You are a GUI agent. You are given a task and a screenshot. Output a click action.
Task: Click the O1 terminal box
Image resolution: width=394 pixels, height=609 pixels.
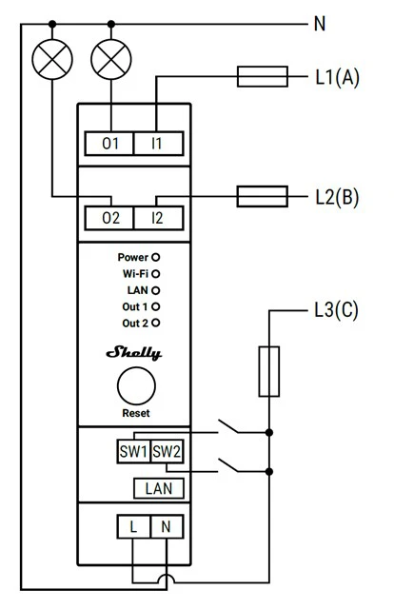(109, 144)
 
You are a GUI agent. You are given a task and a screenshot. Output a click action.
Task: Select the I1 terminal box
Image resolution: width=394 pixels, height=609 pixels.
(159, 144)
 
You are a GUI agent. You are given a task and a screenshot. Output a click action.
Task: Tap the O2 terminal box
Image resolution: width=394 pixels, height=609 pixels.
(109, 218)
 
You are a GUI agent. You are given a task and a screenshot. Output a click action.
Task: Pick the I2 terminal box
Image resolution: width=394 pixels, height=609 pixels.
(159, 218)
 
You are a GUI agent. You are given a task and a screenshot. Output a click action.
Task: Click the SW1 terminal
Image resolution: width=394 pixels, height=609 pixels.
(133, 451)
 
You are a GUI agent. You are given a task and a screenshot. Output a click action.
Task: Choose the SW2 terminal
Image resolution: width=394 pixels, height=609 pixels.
(167, 451)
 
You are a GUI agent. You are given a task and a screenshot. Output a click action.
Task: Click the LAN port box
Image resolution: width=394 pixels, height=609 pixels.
(159, 488)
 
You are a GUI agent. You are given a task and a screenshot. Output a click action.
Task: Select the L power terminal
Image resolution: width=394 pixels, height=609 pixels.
(133, 526)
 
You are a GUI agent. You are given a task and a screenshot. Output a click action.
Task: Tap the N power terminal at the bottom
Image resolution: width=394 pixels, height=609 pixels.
(167, 526)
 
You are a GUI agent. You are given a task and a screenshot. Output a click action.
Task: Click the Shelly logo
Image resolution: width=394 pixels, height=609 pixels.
(133, 353)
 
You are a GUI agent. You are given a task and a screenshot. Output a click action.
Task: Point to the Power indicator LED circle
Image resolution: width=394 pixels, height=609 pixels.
(155, 257)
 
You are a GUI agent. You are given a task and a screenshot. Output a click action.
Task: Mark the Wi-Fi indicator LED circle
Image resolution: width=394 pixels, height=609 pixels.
(155, 274)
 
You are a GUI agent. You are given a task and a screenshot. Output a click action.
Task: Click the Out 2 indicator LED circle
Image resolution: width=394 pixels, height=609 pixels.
(155, 323)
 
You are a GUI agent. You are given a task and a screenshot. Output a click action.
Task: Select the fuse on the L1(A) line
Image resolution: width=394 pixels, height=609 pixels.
(263, 76)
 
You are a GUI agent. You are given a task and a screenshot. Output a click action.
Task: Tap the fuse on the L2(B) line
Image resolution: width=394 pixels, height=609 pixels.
(263, 196)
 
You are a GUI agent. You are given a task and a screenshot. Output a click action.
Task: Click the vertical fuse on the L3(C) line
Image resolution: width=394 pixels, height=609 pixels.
(269, 371)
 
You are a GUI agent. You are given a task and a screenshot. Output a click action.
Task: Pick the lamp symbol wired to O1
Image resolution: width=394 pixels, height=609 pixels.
(111, 59)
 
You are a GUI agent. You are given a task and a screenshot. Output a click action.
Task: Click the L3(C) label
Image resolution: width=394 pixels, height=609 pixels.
(336, 310)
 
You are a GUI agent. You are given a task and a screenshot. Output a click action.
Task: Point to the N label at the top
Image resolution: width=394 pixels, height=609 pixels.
(320, 24)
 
